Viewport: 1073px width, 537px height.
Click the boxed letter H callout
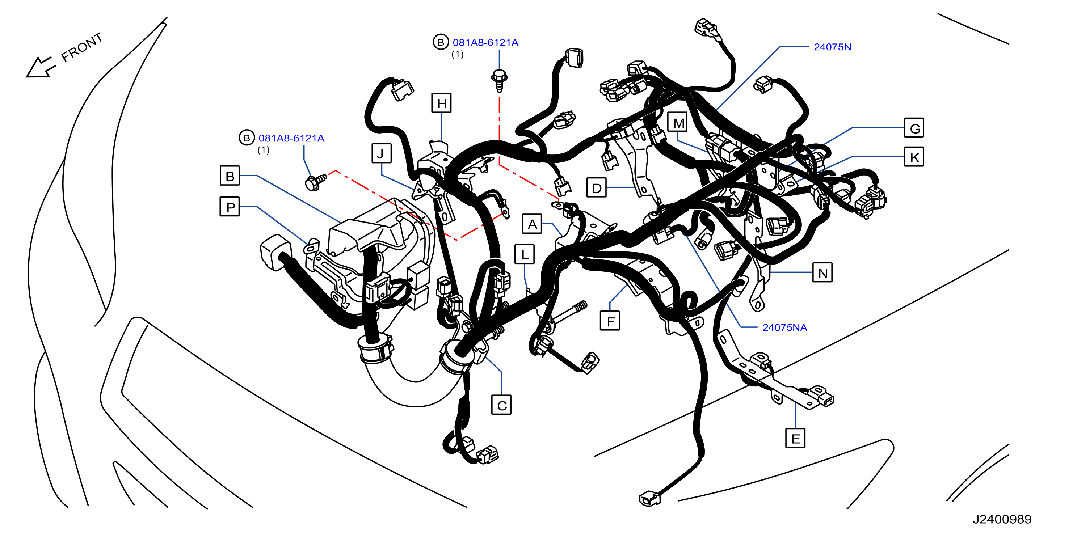(442, 103)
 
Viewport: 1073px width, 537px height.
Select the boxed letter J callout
(382, 153)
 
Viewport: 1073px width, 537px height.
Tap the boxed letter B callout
(230, 175)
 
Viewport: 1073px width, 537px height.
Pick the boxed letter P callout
(230, 207)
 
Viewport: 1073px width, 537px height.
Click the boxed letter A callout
(532, 224)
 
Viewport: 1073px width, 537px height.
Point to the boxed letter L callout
(525, 254)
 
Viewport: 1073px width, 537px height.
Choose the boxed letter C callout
(501, 405)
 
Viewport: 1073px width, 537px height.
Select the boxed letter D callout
(597, 188)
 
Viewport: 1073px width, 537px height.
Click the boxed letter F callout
(610, 321)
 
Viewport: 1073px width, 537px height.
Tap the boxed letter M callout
(677, 122)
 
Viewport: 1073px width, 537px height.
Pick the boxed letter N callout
(822, 272)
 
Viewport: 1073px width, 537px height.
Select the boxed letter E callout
(795, 438)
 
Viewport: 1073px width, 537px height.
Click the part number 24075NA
(785, 327)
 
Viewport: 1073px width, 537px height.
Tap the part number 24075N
(832, 47)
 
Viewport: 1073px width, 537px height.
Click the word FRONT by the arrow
(82, 47)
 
